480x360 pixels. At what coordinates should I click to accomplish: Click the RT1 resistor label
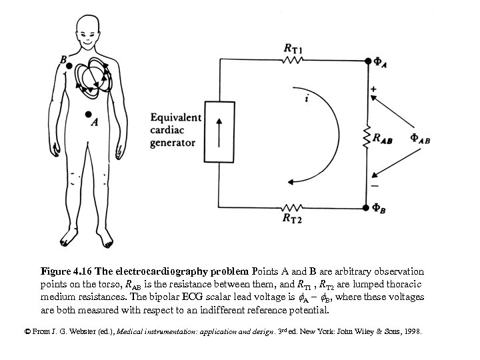click(293, 47)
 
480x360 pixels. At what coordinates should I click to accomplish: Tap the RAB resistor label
click(383, 139)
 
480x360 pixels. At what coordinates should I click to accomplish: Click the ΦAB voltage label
click(419, 139)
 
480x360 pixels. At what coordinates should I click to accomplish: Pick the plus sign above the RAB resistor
click(373, 88)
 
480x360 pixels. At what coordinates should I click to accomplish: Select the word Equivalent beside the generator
click(176, 117)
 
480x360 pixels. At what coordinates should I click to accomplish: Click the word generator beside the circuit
click(173, 142)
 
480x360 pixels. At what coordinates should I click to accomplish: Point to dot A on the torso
click(89, 114)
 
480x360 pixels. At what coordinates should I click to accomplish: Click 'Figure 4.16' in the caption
click(65, 271)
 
